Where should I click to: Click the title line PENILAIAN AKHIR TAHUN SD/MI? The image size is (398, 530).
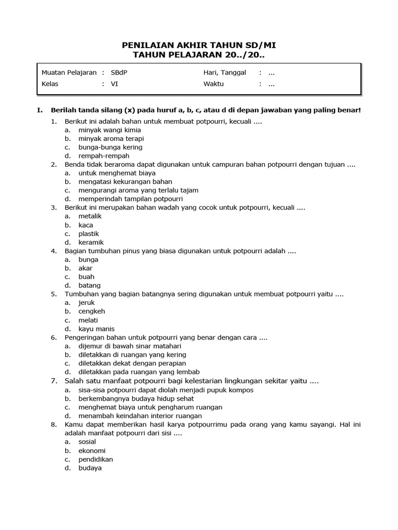click(x=199, y=46)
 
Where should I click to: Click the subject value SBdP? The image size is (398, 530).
click(x=119, y=72)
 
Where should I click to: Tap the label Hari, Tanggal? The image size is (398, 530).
click(x=224, y=72)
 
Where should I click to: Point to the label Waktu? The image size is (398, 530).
click(x=214, y=84)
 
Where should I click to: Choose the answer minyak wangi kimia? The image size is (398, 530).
click(x=109, y=130)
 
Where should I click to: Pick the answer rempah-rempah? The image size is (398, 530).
click(x=104, y=156)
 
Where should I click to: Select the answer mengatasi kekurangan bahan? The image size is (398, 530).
click(x=125, y=182)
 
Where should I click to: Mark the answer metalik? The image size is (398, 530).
click(x=90, y=216)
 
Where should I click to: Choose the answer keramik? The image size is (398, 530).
click(x=91, y=242)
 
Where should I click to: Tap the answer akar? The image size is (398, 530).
click(x=86, y=268)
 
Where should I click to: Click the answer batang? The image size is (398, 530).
click(x=90, y=285)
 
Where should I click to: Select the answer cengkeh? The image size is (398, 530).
click(x=92, y=312)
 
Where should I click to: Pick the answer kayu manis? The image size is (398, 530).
click(x=96, y=329)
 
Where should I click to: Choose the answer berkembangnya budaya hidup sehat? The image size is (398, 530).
click(x=136, y=399)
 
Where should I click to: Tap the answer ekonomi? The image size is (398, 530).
click(x=92, y=451)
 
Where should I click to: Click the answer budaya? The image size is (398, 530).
click(x=90, y=468)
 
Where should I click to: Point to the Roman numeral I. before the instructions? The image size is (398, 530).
click(x=39, y=110)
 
